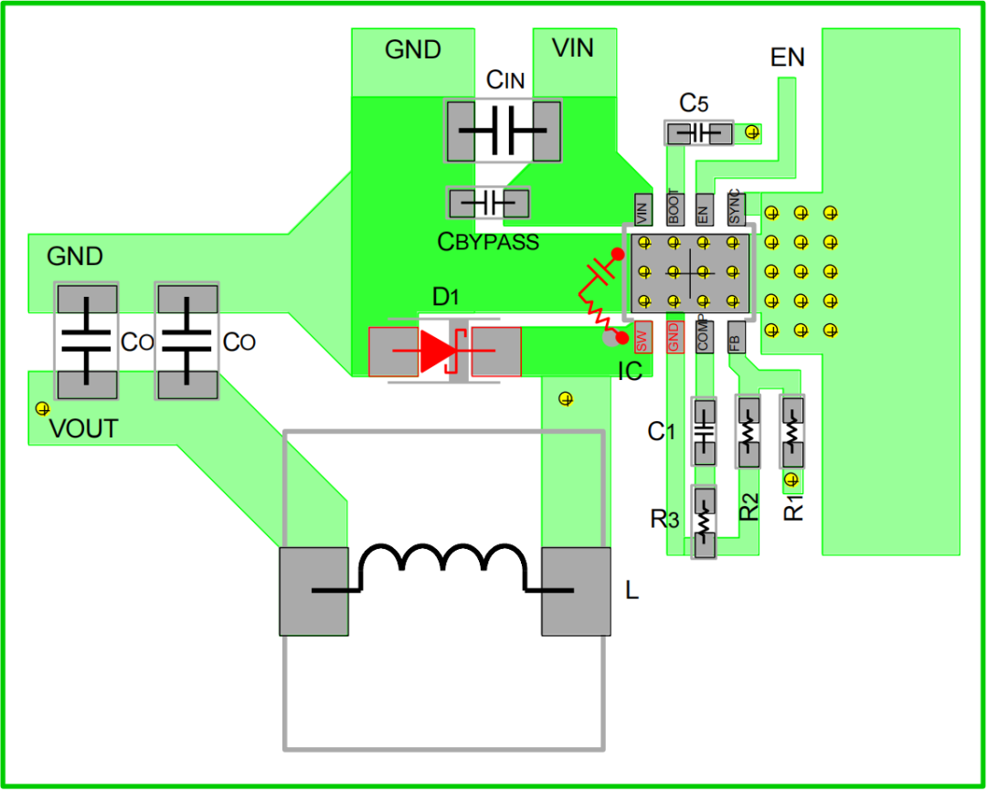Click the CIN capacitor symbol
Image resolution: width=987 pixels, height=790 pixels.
coord(502,131)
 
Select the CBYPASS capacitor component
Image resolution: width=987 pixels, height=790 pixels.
coord(489,202)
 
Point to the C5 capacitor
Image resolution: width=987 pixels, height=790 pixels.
coord(699,133)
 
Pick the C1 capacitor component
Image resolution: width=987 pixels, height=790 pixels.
coord(703,433)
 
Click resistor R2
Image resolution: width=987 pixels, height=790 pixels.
coord(749,432)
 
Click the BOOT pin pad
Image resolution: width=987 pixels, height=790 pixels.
coord(674,209)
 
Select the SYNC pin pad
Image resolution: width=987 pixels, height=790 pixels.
coord(736,209)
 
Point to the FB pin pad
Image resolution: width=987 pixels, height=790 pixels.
coord(736,338)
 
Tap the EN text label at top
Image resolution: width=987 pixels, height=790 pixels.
coord(787,58)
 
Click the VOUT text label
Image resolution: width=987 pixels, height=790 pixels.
coord(83,429)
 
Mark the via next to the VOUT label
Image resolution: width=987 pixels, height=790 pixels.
coord(40,407)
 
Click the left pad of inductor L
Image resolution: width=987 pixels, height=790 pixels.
coord(313,591)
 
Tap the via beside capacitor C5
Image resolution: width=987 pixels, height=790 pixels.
coord(753,133)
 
